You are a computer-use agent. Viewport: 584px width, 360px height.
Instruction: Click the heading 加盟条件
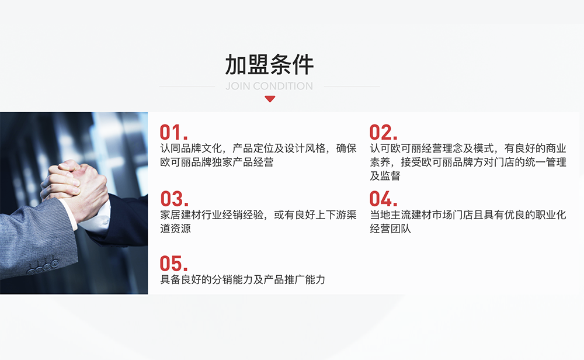point(269,65)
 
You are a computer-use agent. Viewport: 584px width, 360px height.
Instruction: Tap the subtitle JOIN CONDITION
point(269,86)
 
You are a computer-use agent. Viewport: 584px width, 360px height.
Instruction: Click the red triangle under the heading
point(269,99)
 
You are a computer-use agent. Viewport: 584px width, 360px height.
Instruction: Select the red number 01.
point(173,132)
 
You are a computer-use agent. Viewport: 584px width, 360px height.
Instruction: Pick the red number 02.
point(384,132)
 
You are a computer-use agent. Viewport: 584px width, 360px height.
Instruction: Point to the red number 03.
point(174,199)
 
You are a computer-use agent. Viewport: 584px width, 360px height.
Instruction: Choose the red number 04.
point(384,199)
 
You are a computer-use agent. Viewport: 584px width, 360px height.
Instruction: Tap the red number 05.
point(174,264)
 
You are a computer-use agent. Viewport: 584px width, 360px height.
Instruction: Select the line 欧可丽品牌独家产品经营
point(217,162)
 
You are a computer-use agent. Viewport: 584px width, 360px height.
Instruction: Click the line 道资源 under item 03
point(175,229)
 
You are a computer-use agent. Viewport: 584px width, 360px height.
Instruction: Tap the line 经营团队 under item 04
point(390,229)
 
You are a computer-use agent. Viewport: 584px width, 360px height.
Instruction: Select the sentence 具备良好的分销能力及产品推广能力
point(242,279)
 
